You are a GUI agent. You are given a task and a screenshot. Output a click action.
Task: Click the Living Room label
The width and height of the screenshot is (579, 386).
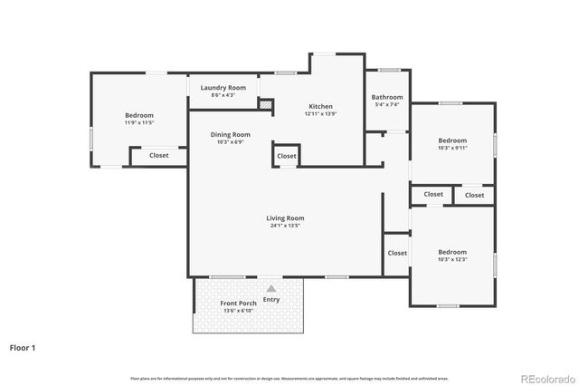point(285,217)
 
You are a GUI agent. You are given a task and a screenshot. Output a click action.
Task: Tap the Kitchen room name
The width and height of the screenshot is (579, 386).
point(320,106)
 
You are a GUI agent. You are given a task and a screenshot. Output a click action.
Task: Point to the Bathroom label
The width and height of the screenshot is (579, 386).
point(387,97)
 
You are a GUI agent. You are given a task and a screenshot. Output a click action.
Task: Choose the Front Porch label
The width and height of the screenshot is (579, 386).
point(238,303)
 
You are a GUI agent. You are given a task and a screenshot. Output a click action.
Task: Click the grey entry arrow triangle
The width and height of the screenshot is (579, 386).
point(270,288)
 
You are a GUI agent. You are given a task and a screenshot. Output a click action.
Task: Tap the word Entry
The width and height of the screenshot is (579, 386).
point(271,299)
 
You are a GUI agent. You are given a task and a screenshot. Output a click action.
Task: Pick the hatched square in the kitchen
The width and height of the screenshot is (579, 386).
point(265,105)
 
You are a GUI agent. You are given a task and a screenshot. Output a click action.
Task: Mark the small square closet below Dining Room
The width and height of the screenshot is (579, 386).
point(286,156)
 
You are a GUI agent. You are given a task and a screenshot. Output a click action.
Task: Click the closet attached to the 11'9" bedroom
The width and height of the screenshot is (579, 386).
point(158,156)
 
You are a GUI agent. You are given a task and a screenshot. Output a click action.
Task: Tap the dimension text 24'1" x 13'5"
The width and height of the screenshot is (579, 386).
point(285,226)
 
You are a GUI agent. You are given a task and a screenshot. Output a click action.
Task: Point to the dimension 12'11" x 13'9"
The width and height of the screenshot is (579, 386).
point(320,114)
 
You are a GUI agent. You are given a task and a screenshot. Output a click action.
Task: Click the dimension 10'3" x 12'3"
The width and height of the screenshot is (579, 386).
point(452,260)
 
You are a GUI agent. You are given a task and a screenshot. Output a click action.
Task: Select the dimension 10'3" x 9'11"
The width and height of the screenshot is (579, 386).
point(452,149)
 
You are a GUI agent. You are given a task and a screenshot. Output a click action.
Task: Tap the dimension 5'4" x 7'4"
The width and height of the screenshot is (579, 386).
point(387,105)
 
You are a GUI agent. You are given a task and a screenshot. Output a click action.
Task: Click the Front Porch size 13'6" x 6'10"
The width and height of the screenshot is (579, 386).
point(238,311)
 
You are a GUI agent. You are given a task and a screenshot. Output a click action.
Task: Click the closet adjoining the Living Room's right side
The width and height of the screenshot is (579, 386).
point(396,253)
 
